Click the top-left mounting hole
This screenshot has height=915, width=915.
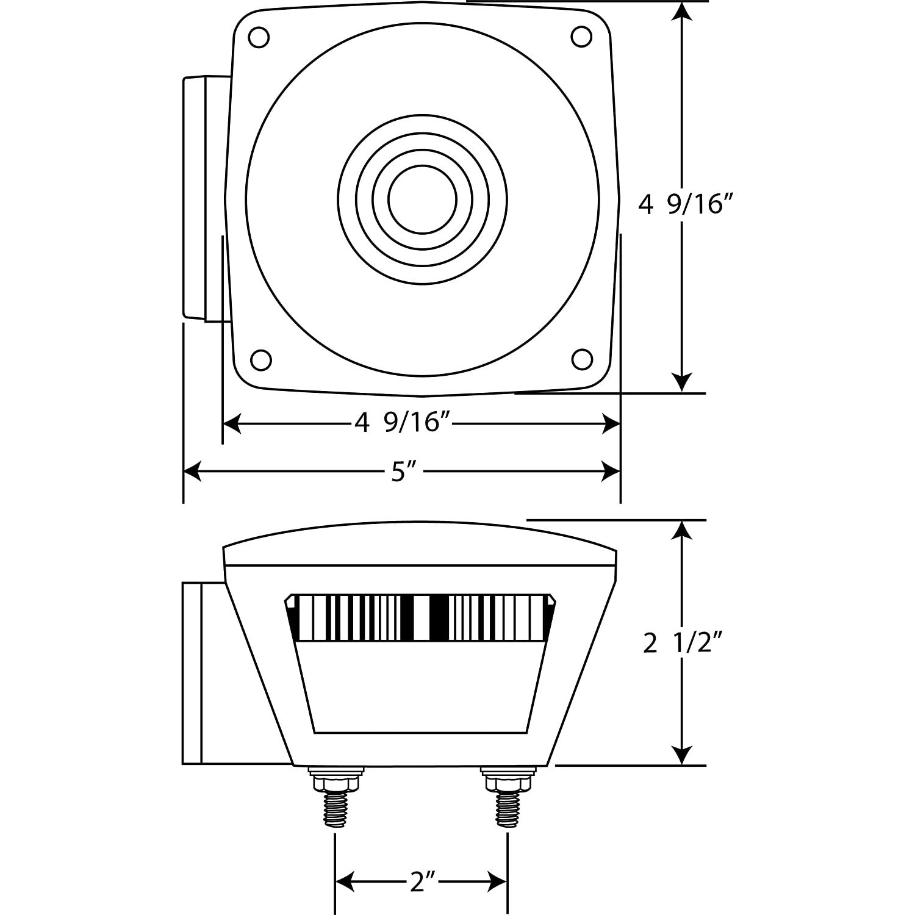[259, 37]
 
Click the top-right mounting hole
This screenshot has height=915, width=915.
[581, 37]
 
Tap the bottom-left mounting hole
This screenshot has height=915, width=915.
[261, 359]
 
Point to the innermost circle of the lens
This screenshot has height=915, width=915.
[422, 199]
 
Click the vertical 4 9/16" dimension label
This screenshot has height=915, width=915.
[684, 204]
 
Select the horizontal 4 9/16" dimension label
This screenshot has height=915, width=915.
[397, 422]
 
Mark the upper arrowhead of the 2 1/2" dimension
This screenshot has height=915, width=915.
[683, 531]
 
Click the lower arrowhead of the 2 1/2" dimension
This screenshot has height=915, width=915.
[683, 755]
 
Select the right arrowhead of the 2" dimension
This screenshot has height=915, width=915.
[498, 882]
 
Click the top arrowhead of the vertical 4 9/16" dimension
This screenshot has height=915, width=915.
[683, 12]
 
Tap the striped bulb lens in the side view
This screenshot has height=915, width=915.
[421, 617]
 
